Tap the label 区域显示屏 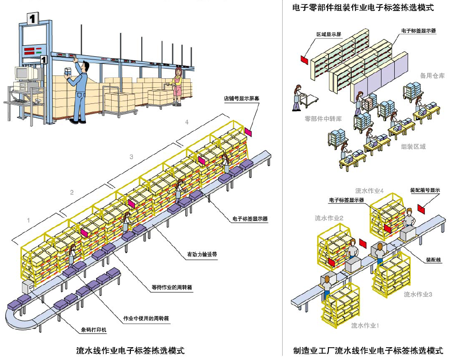329,34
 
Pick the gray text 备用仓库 432,75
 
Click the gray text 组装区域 413,146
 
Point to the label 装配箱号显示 425,189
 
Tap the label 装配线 433,259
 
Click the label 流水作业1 365,325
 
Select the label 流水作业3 418,294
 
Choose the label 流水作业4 369,190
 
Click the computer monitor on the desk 22,73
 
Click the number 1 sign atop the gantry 32,19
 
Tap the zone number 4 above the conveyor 186,122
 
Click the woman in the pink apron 177,85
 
